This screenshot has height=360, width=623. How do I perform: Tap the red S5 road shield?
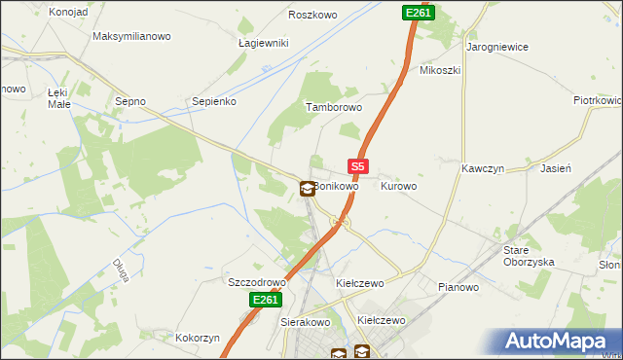click(x=357, y=167)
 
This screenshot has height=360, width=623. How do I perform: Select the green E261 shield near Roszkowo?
click(x=418, y=13)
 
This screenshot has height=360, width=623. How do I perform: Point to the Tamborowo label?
click(x=334, y=108)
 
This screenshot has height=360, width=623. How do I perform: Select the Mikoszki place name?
click(x=439, y=70)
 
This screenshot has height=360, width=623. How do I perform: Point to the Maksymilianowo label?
click(x=131, y=36)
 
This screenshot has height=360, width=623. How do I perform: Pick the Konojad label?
click(x=67, y=12)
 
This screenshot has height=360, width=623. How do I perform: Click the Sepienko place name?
click(x=214, y=100)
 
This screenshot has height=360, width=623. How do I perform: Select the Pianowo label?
click(x=458, y=287)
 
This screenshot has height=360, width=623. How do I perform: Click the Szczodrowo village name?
click(x=256, y=282)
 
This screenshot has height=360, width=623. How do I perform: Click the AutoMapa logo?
click(x=560, y=342)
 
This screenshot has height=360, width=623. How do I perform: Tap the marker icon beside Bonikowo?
click(x=308, y=188)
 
